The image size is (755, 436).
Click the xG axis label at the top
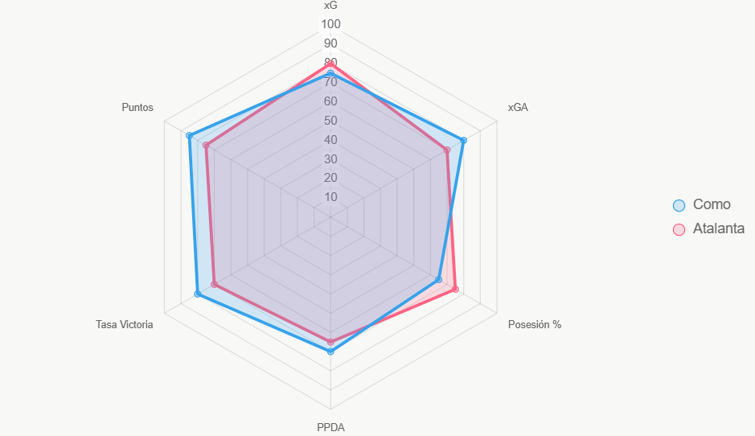[x=330, y=6]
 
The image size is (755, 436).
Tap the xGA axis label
[x=518, y=108]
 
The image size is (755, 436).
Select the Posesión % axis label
[x=535, y=325]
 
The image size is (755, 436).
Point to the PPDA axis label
[x=330, y=427]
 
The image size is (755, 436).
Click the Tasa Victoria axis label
[x=125, y=325]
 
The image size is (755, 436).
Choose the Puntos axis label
[x=137, y=108]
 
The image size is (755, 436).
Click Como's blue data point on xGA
[x=463, y=141]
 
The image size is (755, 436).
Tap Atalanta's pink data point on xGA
[x=447, y=150]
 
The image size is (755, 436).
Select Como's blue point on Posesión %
[x=438, y=279]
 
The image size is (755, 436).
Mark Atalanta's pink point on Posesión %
[x=455, y=290]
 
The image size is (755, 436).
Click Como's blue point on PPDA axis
[x=330, y=352]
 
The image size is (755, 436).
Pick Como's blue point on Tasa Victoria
[x=198, y=294]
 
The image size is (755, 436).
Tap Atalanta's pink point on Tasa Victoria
[x=214, y=284]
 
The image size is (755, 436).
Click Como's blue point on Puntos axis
[x=189, y=135]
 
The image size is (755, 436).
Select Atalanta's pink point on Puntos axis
[x=206, y=145]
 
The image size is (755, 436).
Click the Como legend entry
[x=702, y=205]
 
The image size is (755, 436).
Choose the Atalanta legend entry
[x=708, y=228]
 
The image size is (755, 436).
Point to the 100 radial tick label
[x=330, y=24]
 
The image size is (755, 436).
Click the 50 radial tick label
[x=330, y=121]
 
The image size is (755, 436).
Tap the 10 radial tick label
[x=330, y=197]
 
